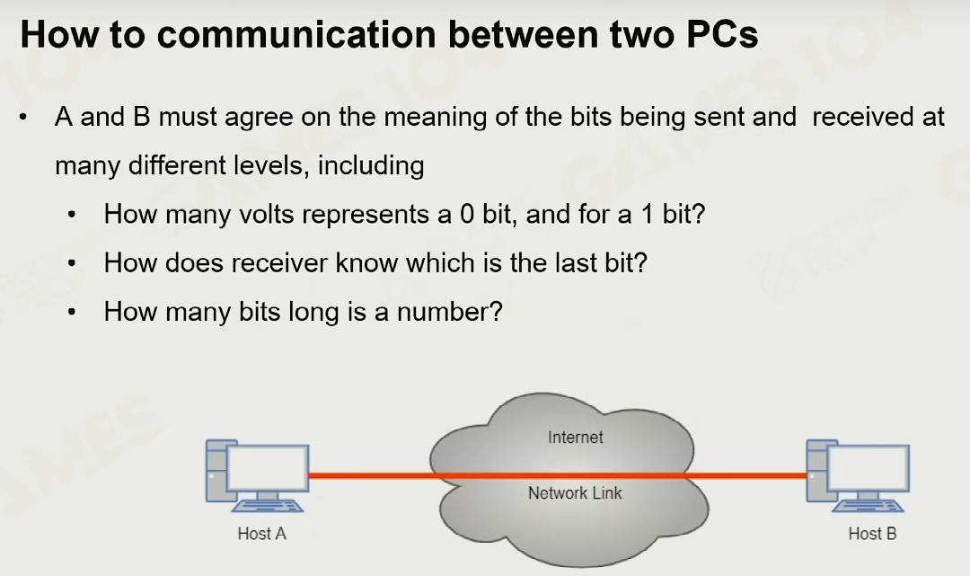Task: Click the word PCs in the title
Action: click(722, 35)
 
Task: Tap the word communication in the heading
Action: click(296, 35)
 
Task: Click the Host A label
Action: click(261, 533)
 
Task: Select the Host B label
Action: click(872, 533)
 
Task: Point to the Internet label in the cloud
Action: click(576, 438)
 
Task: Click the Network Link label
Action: click(575, 493)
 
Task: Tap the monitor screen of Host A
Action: click(268, 468)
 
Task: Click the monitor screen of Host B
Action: click(868, 468)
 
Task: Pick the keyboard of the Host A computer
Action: click(268, 506)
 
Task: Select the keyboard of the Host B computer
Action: click(868, 506)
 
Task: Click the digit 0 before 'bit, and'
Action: click(467, 214)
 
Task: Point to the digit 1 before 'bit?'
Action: click(647, 214)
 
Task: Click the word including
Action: click(371, 166)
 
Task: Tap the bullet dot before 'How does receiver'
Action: click(72, 263)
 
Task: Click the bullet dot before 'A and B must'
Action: click(22, 117)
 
